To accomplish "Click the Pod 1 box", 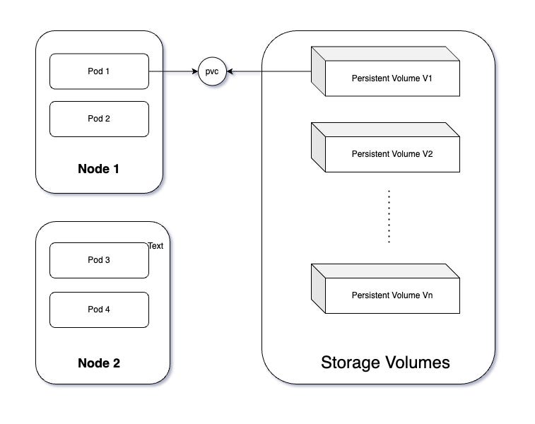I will point(99,71).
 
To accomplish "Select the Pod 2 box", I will point(99,119).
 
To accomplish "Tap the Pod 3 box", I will point(99,260).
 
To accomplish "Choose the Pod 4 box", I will point(99,310).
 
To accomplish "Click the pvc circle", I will point(212,71).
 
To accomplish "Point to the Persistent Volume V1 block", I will point(392,78).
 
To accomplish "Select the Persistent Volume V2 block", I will point(392,153).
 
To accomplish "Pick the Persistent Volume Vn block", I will point(392,295).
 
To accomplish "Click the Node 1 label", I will point(99,170).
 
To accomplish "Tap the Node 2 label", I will point(99,363).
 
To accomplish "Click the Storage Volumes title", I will point(385,363).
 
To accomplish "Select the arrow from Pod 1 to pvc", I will point(173,71).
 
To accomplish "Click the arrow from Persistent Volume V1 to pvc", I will point(269,71).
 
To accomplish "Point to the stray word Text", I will point(155,246).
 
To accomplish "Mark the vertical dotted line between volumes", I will point(389,216).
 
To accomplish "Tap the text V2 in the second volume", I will point(428,153).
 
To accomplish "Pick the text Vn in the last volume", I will point(428,295).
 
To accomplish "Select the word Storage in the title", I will point(349,363).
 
